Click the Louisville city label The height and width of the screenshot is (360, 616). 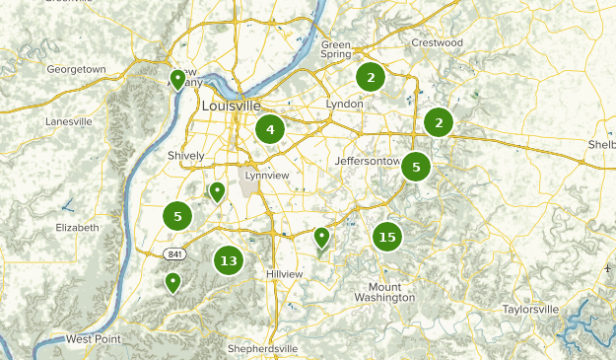[231, 106]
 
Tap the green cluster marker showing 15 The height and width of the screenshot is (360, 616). [387, 237]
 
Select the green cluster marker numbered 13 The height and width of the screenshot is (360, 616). [229, 261]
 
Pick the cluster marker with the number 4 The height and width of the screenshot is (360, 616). [270, 128]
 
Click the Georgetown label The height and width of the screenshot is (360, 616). [76, 69]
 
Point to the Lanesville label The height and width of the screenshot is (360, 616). [69, 121]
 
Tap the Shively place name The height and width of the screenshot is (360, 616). [186, 156]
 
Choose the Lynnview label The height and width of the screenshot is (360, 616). [267, 175]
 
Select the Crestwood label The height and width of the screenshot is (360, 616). [437, 43]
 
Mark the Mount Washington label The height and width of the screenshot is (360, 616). [384, 291]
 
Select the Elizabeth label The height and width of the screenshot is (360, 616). [78, 227]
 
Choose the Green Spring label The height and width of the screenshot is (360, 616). [336, 50]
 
